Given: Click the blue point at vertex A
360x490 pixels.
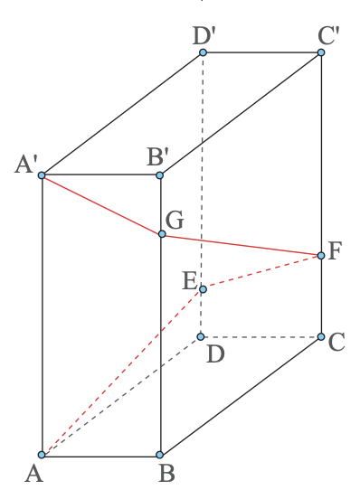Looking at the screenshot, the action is [x=42, y=454].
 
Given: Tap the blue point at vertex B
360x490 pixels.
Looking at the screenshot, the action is [x=160, y=454].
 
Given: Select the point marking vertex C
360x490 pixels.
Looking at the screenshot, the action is [x=321, y=337].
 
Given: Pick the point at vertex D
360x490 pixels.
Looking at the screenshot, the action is [x=201, y=337].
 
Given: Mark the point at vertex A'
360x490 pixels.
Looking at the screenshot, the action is [x=42, y=174].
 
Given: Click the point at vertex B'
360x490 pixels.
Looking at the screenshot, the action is [x=160, y=174].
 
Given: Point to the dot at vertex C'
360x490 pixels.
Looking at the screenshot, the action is [x=321, y=53].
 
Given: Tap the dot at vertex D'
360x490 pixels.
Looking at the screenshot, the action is [x=203, y=52].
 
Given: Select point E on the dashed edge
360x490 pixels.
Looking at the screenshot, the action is [x=203, y=289].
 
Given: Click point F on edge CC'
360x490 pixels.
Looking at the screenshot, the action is [x=321, y=256].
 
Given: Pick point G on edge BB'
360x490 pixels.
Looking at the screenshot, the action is [x=162, y=234].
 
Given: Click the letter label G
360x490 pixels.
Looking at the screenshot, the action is [x=175, y=219].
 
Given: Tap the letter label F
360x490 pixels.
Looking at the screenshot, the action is [x=337, y=250].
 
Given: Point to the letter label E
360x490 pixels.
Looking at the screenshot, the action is [x=189, y=280].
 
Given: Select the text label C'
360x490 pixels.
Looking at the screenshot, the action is [x=328, y=36].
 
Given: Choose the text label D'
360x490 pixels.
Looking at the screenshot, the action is [x=203, y=36].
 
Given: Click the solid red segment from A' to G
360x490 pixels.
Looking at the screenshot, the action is [x=101, y=204].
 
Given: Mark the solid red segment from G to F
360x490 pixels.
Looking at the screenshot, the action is [x=242, y=245].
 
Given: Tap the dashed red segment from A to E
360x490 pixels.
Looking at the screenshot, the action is [x=122, y=372].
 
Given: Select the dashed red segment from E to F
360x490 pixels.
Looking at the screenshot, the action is [x=262, y=272].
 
